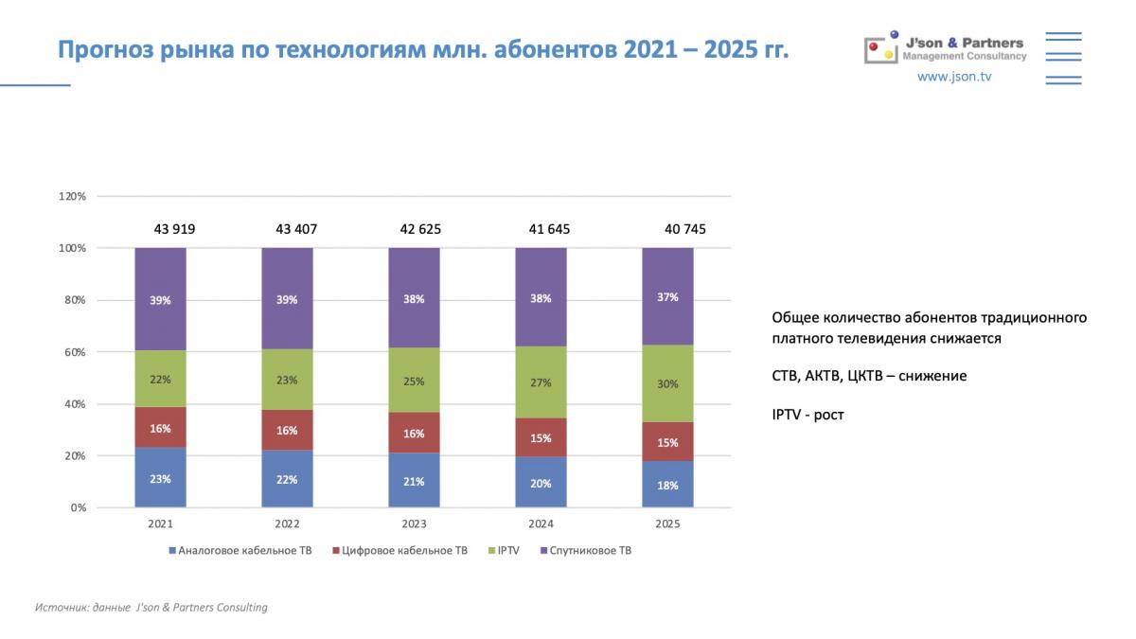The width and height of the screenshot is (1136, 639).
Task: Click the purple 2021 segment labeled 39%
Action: [x=160, y=299]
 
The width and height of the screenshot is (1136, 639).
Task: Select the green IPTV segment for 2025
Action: [x=667, y=383]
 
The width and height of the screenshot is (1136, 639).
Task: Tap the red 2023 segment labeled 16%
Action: [x=414, y=433]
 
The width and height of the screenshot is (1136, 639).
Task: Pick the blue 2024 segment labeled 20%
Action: [x=541, y=483]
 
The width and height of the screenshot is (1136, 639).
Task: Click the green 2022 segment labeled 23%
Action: [x=287, y=380]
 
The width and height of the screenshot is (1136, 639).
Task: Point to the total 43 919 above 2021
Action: [x=175, y=229]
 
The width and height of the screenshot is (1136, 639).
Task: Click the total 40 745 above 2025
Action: [x=684, y=229]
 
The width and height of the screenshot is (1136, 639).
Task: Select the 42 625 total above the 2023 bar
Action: [x=420, y=229]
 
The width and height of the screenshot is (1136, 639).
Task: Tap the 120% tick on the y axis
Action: [x=73, y=197]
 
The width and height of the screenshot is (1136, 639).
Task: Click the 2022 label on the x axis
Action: [x=287, y=524]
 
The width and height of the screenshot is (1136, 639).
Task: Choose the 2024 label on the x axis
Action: [x=541, y=524]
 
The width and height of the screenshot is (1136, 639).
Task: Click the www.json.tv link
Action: [x=953, y=77]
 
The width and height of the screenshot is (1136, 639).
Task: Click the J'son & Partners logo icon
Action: [x=880, y=48]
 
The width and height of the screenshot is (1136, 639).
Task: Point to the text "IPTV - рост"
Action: [x=807, y=415]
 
